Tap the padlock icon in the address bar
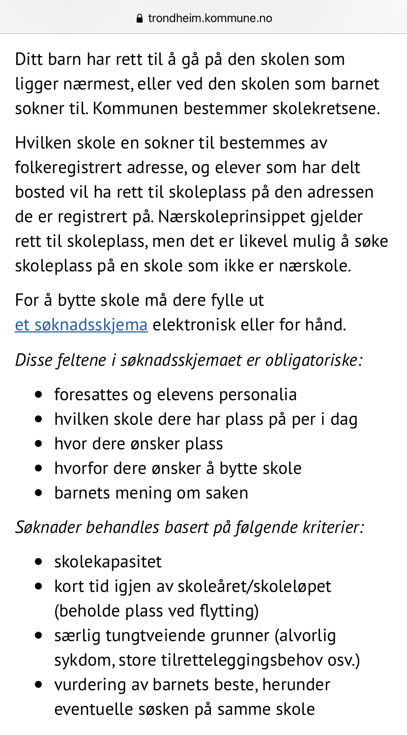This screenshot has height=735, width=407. pos(139,19)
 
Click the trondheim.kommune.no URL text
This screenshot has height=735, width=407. pos(210,19)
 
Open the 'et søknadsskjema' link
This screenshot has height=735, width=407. pos(81,325)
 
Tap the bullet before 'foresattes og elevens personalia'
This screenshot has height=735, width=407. pos(40,395)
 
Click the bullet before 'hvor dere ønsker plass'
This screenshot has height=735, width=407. pos(40,444)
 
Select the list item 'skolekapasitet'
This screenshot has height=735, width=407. pos(108,561)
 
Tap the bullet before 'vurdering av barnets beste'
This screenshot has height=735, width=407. pos(40,685)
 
